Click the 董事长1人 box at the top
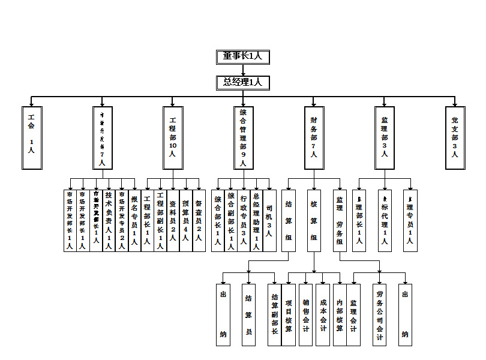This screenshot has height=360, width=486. [243, 56]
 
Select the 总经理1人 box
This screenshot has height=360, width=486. [243, 83]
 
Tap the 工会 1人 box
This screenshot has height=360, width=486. [31, 137]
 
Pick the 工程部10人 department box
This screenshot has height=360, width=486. [173, 137]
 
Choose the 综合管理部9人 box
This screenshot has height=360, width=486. [243, 137]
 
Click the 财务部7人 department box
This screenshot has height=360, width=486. [313, 137]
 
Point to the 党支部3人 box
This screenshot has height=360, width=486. [455, 137]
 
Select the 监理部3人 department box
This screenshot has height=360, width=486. [384, 137]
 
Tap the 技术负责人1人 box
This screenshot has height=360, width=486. [109, 220]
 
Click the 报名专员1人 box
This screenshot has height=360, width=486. [134, 220]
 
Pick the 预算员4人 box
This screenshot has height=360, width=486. [186, 220]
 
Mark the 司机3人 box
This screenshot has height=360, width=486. [269, 220]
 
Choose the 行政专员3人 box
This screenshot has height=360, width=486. [244, 220]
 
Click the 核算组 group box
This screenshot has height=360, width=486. [313, 220]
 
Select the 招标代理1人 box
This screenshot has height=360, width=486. [385, 220]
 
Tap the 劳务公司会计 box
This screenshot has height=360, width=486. [379, 314]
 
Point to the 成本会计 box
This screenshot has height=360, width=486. [323, 314]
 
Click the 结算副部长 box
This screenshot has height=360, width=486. [275, 314]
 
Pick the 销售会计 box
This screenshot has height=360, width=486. [306, 314]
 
